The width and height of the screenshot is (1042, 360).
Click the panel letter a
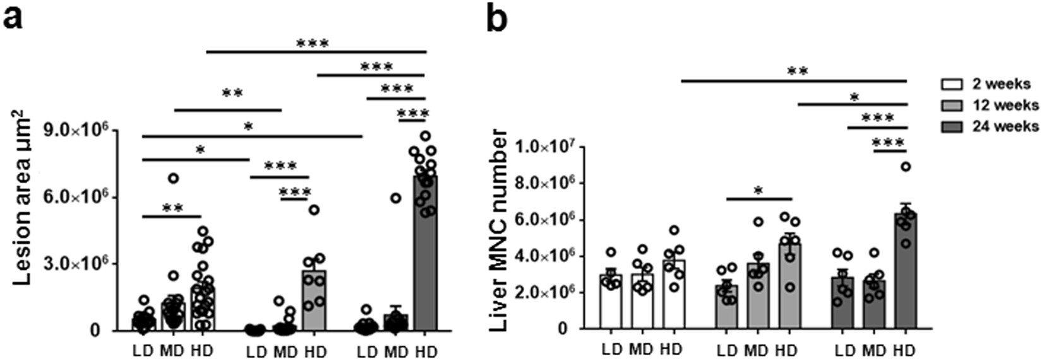[x=14, y=19]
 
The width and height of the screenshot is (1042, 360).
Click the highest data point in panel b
[x=905, y=167]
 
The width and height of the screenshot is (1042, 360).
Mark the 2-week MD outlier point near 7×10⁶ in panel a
[x=173, y=178]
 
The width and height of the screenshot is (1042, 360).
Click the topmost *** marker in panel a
[x=313, y=44]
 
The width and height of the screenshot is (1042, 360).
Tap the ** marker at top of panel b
[x=796, y=71]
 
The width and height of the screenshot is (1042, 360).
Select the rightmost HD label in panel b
[x=905, y=349]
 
